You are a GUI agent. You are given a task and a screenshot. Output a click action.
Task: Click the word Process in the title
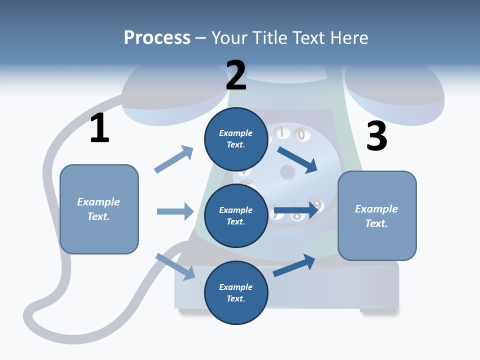click(157, 38)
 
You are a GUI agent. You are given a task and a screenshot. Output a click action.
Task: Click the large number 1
click(99, 128)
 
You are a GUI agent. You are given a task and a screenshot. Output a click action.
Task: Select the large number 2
click(236, 75)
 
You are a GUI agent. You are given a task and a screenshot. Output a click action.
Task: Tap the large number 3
click(376, 136)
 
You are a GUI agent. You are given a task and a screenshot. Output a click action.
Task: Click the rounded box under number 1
click(99, 209)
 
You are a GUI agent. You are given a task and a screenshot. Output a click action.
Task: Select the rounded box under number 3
click(377, 215)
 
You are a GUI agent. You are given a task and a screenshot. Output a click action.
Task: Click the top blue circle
click(236, 139)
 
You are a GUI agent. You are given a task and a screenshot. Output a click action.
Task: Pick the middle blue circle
click(236, 215)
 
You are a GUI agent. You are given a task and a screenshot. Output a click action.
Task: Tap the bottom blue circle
click(236, 292)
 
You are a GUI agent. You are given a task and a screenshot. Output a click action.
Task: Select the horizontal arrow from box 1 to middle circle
click(175, 211)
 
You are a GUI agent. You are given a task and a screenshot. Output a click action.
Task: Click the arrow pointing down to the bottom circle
click(175, 266)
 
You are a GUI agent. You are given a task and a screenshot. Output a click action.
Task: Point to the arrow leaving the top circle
click(298, 159)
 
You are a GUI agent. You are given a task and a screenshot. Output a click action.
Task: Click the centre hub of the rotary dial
click(287, 172)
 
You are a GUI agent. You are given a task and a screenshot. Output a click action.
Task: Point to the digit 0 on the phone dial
click(301, 134)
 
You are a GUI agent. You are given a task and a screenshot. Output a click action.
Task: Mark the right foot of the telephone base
click(378, 311)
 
